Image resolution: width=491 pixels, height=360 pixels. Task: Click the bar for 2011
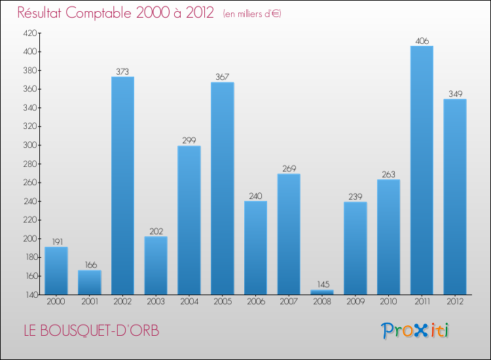click(422, 170)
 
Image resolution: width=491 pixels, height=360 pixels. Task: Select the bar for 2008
click(322, 292)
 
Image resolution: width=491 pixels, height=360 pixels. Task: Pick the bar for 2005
click(223, 188)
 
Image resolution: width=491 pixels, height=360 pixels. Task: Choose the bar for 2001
click(90, 282)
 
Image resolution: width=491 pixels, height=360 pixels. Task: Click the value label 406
click(422, 41)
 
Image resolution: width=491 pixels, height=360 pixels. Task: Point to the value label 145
click(322, 285)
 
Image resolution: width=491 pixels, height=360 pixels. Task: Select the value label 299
click(189, 141)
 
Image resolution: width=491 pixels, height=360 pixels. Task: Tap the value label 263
click(389, 174)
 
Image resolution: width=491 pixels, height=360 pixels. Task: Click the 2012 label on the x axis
click(455, 301)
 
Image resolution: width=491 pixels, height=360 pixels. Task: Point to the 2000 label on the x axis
click(56, 301)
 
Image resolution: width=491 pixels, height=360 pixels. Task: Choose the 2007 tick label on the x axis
click(289, 301)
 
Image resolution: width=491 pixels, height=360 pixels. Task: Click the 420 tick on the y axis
click(31, 33)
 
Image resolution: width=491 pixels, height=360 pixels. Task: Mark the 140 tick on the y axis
click(31, 295)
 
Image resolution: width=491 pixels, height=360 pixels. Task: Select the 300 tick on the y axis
click(31, 145)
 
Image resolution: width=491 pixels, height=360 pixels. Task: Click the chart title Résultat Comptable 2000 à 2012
click(116, 13)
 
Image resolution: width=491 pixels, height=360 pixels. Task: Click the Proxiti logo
click(416, 331)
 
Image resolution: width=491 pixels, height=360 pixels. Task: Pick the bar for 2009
click(355, 248)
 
